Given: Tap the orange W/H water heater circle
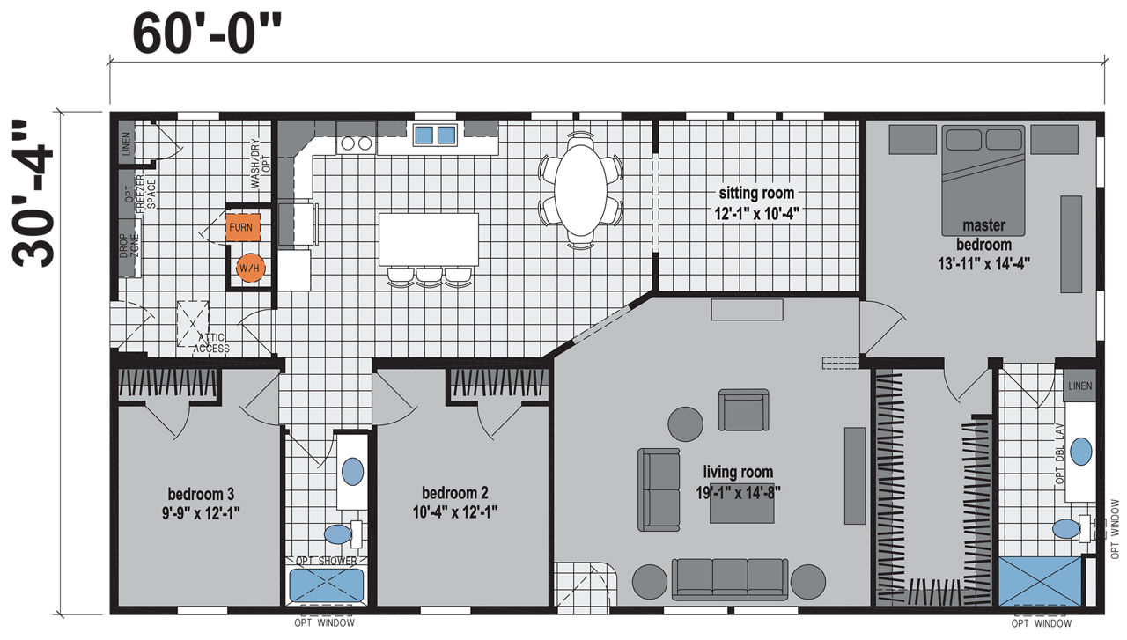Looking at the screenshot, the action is (249, 269).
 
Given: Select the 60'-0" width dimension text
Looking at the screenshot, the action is (207, 34).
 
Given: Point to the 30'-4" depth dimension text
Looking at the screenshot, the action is (33, 193).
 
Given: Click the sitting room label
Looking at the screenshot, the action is (756, 193).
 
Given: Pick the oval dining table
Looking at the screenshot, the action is (580, 190).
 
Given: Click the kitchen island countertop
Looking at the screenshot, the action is (429, 239).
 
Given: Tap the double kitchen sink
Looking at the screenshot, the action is (435, 135).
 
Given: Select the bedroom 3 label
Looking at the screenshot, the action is (201, 494).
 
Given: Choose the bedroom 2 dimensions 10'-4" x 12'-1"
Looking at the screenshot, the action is (455, 512).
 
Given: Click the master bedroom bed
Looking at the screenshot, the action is (983, 180).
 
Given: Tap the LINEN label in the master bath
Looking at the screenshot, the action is (1080, 386).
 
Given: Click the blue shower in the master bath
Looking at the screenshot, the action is (1040, 581).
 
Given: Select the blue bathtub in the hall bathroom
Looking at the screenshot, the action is (327, 585).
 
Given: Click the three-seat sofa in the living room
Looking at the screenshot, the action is (730, 579).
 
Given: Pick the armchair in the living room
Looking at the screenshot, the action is (744, 409).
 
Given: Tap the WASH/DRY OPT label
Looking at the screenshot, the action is (261, 164).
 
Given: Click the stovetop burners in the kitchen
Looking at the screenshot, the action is (357, 143).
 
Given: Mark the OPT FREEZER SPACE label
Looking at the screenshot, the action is (140, 194).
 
